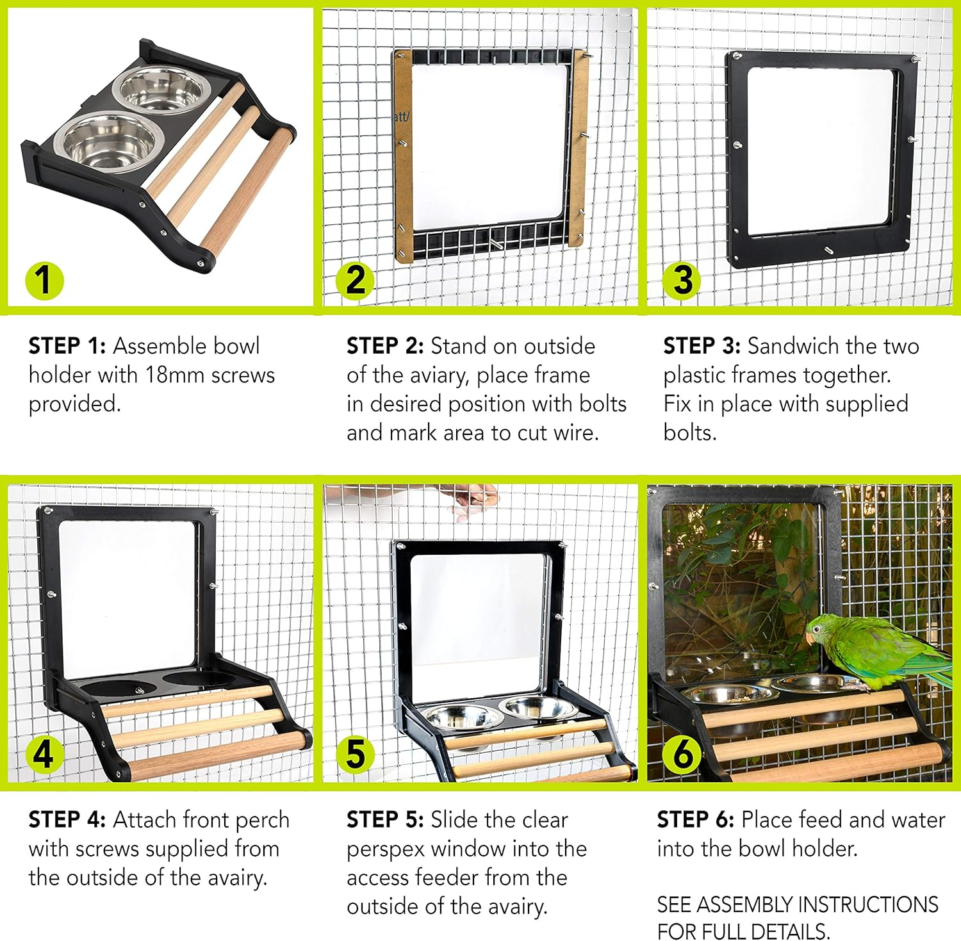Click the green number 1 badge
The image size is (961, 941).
click(44, 280)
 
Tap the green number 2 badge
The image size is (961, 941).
click(356, 280)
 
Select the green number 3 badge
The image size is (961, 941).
click(682, 280)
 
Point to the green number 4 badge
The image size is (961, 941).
click(44, 754)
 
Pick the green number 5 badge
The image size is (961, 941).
click(356, 754)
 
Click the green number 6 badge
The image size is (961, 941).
click(682, 754)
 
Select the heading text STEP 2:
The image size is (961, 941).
click(385, 346)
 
